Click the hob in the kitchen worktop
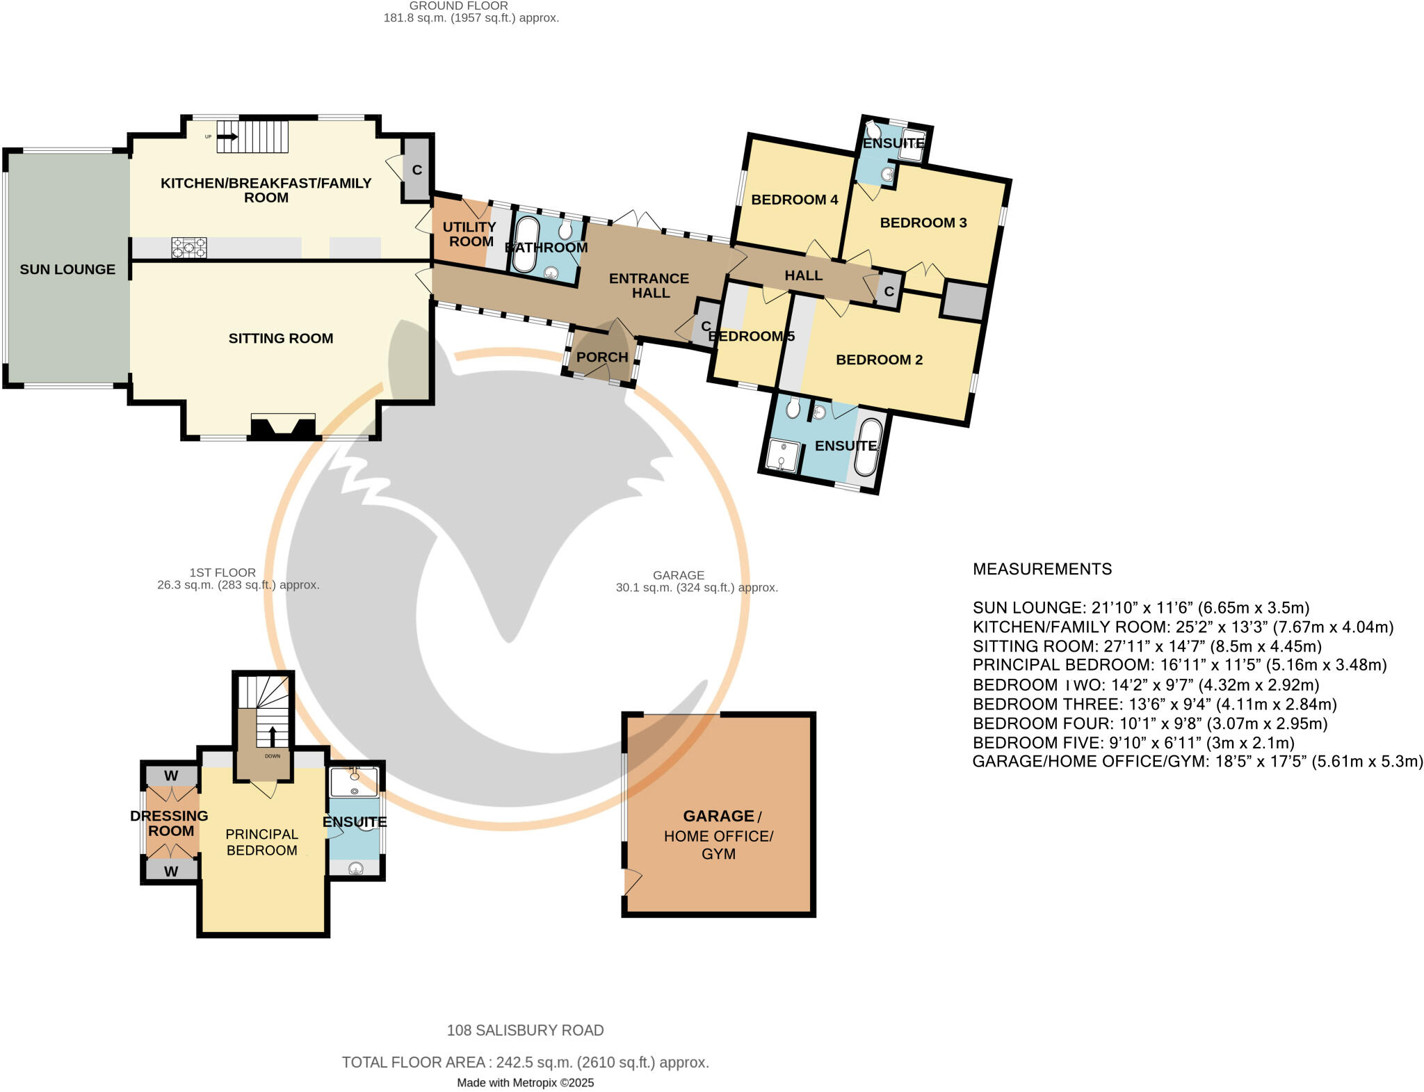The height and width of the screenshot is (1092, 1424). point(189,248)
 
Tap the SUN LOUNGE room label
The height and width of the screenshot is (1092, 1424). point(67,269)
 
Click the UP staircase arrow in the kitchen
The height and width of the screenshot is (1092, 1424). point(227,137)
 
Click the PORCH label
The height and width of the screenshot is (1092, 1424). point(602,357)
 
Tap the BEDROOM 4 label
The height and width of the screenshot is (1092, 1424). point(795,200)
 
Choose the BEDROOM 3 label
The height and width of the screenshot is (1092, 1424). point(923,223)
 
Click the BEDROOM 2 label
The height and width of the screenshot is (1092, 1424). point(879,360)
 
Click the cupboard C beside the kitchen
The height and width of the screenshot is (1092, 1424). point(417,170)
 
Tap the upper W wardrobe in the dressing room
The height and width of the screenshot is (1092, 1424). point(171,776)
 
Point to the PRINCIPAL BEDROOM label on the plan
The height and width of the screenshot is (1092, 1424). point(262,842)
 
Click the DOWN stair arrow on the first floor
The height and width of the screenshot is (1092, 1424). point(272,737)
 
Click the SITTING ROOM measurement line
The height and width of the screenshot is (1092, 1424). point(1147,646)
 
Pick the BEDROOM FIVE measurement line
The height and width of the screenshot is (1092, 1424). point(1133,742)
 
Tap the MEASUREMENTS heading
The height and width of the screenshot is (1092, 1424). point(1042,569)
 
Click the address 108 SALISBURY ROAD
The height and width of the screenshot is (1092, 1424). point(525,1030)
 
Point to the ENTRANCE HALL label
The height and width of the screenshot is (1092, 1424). point(649,285)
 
